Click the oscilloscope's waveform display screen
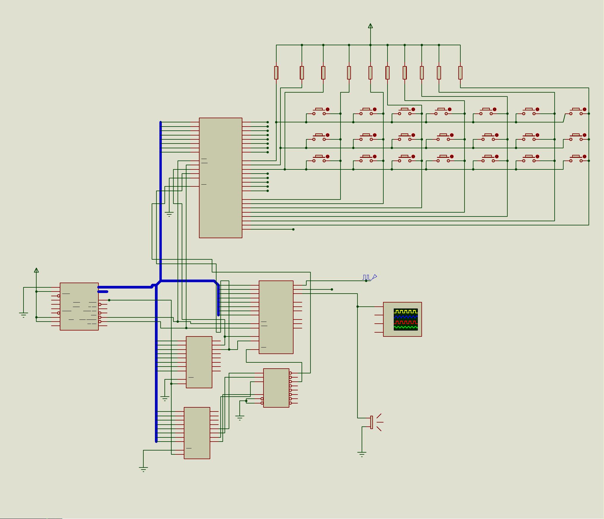tap(406, 319)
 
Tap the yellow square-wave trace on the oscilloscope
tap(406, 311)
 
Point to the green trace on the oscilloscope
tap(406, 327)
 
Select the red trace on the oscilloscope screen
tap(406, 322)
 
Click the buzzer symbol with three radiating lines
tap(375, 422)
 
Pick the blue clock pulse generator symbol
tap(369, 278)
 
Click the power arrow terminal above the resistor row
tap(370, 26)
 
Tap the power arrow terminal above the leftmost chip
tap(36, 270)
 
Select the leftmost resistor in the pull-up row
tap(276, 73)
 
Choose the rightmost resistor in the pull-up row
tap(460, 73)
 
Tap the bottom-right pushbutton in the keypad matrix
tap(576, 159)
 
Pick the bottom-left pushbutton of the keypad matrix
tap(319, 159)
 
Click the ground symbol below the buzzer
tap(362, 454)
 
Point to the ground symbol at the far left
tap(23, 315)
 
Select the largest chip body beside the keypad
tap(221, 178)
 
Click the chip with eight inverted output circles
tap(276, 388)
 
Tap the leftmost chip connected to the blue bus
tap(79, 306)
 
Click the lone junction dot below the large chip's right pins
tap(294, 229)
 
